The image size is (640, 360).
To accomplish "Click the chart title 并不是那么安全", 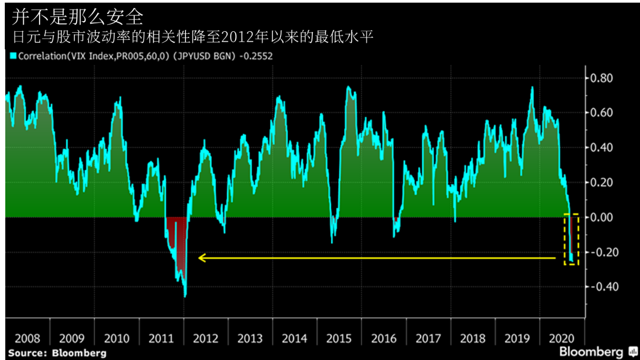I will (78, 16).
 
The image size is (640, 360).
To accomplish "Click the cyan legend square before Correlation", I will (12, 56).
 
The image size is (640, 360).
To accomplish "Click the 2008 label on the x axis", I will (27, 338).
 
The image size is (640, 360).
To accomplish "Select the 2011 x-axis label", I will (161, 338).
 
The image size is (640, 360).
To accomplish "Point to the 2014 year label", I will (295, 338).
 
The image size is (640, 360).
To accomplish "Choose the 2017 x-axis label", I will (429, 338).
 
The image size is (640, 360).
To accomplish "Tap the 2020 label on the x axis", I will (562, 338).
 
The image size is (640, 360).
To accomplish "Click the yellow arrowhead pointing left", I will (201, 258).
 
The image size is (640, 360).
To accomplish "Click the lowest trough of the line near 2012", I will (185, 297).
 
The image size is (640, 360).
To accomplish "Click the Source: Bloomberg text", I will (57, 353).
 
